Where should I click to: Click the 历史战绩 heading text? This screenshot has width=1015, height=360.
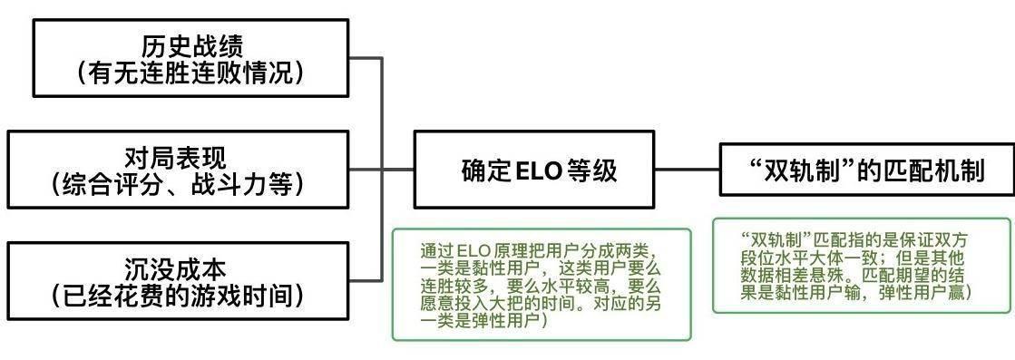coord(191,44)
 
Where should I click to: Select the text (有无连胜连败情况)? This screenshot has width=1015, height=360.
coord(191,73)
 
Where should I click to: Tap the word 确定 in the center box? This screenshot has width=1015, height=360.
coord(486,170)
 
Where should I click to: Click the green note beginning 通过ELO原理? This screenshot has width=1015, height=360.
coord(542,285)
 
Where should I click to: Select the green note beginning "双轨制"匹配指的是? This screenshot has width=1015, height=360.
coord(860,265)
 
